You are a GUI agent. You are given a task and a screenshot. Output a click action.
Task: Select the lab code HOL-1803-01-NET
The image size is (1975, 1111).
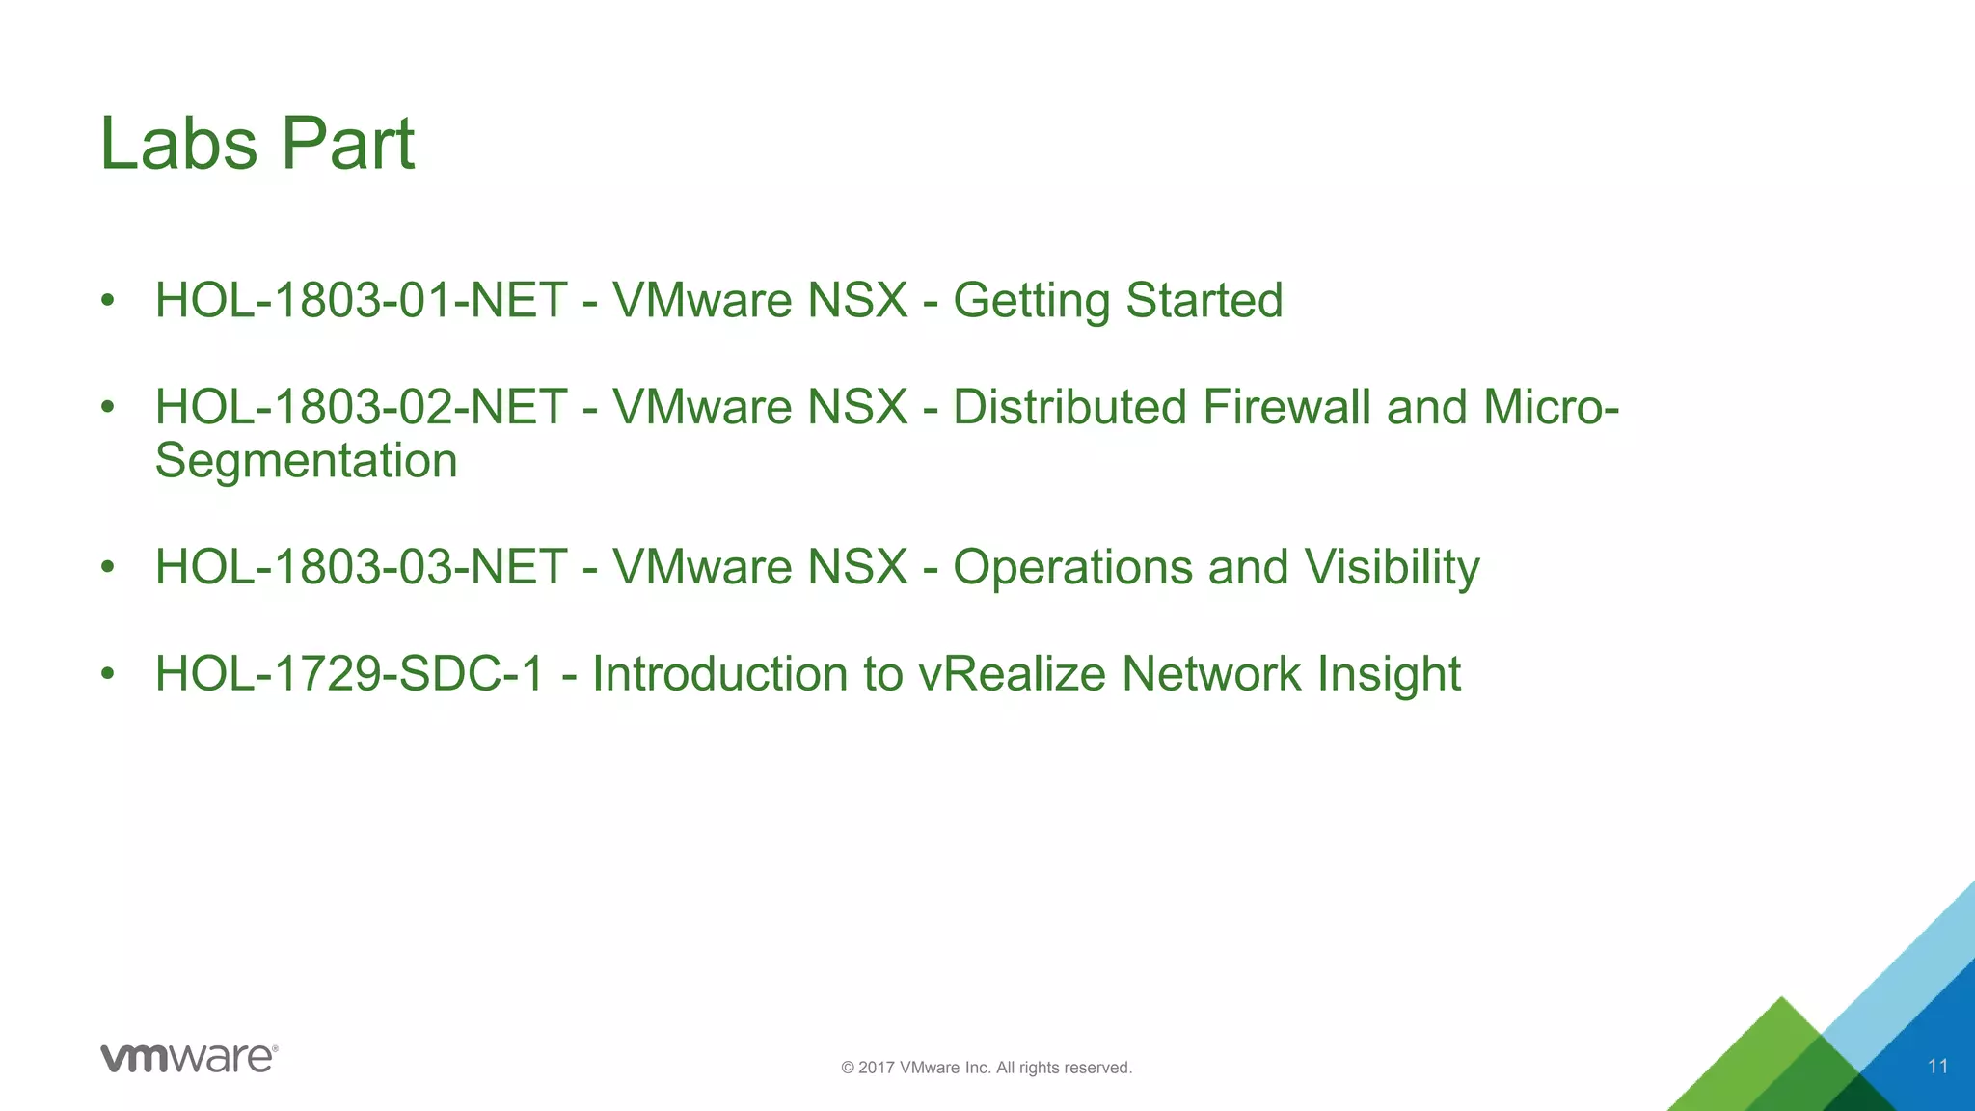(x=361, y=300)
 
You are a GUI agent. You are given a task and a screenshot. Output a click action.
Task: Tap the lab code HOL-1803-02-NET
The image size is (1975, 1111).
(x=361, y=407)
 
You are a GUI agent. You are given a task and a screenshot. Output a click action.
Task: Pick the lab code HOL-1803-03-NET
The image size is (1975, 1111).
(x=361, y=567)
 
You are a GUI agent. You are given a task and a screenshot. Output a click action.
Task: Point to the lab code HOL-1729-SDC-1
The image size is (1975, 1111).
(x=350, y=673)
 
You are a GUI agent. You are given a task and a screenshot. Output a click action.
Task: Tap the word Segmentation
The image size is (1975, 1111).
(x=306, y=461)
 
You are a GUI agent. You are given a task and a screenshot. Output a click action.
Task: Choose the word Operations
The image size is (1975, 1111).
(x=1072, y=567)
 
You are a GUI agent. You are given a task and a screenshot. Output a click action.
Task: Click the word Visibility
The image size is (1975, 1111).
(x=1392, y=567)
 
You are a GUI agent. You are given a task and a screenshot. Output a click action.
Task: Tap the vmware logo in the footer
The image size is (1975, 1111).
(x=189, y=1058)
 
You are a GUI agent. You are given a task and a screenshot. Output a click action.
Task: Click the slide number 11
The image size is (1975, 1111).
(x=1937, y=1066)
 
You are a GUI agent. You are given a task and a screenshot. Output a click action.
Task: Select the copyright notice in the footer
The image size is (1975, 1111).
(x=987, y=1068)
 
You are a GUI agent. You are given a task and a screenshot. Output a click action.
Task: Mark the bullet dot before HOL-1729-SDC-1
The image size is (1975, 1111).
(x=108, y=672)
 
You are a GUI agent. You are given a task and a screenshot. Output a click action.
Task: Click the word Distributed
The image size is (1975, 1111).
(x=1069, y=407)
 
